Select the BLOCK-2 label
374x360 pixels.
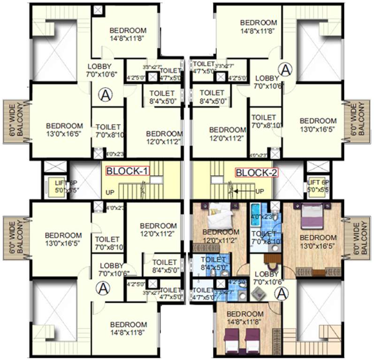256,172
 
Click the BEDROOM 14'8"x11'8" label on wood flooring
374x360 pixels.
245,317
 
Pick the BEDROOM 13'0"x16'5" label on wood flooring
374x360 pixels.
318,241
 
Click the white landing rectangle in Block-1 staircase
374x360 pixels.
159,180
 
